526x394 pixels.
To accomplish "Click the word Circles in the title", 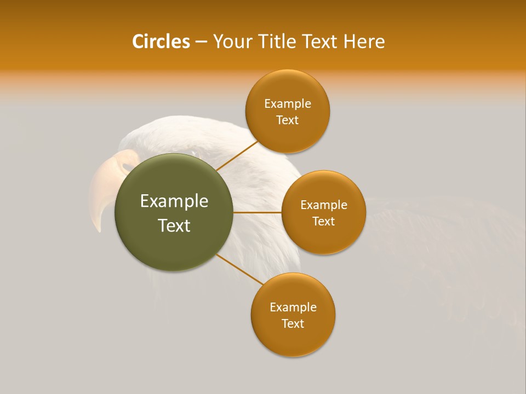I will click(161, 42).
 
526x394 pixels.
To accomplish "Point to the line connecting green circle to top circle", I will click(237, 155).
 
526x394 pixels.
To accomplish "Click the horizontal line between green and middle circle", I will click(258, 212).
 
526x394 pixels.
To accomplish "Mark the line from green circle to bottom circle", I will click(240, 270).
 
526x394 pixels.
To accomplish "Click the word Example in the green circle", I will click(174, 201).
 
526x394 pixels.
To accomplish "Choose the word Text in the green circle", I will click(174, 225).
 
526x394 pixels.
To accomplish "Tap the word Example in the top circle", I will click(287, 104).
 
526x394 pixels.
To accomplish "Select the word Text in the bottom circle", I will click(293, 323).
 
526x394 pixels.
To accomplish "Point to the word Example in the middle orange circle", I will click(323, 205).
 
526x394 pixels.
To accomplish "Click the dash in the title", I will click(201, 42).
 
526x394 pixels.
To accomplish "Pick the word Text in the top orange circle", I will click(287, 120).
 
